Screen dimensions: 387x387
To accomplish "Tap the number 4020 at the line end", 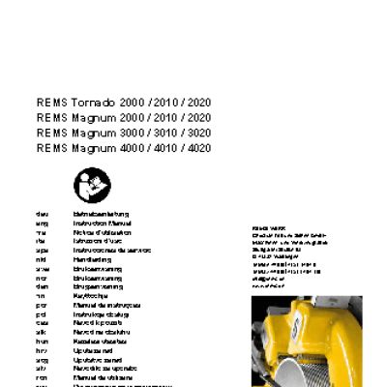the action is tap(199, 148).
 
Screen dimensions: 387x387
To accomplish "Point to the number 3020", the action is tap(199, 133).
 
